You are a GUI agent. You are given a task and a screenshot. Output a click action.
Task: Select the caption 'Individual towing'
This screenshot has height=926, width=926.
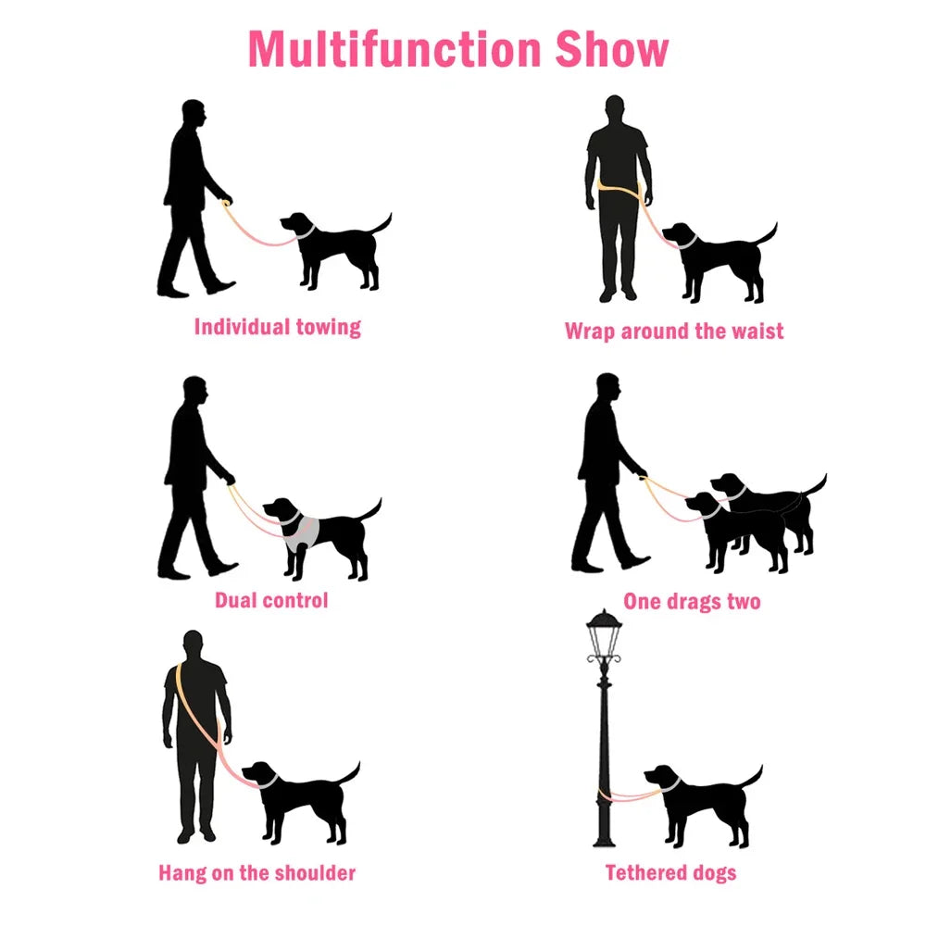(277, 327)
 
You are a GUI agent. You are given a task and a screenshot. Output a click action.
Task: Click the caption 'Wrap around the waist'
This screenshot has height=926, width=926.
(674, 331)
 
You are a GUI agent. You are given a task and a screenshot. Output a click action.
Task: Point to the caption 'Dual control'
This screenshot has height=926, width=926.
(271, 600)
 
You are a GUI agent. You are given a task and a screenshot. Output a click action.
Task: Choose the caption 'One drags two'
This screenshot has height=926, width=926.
(692, 601)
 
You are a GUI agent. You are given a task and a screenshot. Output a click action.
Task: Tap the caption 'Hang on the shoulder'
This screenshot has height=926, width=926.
(257, 872)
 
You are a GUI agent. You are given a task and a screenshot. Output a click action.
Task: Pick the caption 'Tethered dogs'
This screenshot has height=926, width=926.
(670, 872)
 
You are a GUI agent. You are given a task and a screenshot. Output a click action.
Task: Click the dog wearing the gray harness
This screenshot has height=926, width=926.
(319, 532)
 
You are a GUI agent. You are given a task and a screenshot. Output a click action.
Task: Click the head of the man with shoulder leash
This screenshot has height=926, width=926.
(193, 644)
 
